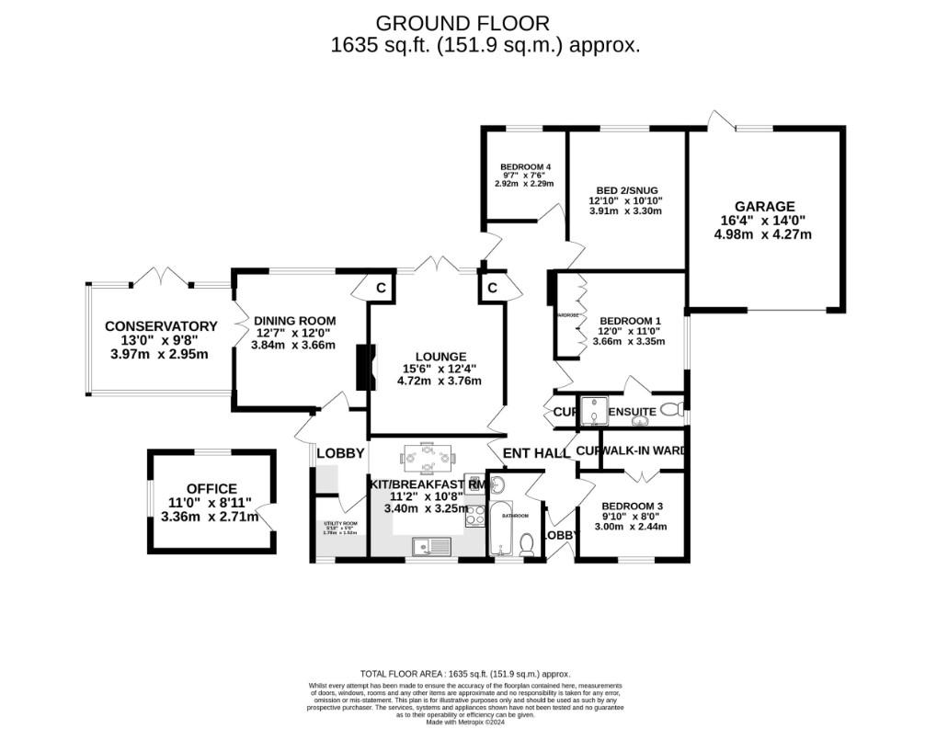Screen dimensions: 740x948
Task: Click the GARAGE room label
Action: (x=764, y=207)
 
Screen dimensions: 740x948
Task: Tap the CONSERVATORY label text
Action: (x=161, y=326)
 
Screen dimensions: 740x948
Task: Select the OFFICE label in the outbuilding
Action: (x=211, y=489)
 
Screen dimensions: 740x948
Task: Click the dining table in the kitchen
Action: (x=428, y=456)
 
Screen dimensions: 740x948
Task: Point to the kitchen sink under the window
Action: (x=429, y=546)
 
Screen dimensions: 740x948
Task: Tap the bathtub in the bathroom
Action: (x=500, y=529)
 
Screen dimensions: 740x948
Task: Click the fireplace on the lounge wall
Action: (x=364, y=367)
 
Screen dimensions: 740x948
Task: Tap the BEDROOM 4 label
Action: (x=525, y=166)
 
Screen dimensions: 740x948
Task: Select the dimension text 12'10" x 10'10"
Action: (x=625, y=200)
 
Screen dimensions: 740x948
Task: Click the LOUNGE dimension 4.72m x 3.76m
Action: (x=439, y=381)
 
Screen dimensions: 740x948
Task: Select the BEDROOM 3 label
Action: (x=633, y=507)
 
